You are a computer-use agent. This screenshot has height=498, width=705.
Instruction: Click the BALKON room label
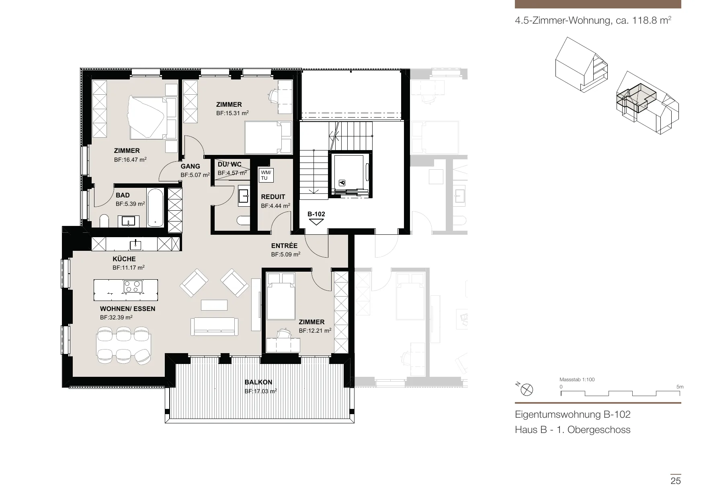(x=258, y=382)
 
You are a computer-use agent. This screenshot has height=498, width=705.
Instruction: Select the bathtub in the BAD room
(x=155, y=208)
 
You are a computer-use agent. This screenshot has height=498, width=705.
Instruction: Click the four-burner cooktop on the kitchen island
(x=133, y=286)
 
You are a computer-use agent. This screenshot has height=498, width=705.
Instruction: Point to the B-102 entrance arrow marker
(x=316, y=222)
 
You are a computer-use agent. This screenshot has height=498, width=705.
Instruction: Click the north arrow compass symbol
(x=527, y=389)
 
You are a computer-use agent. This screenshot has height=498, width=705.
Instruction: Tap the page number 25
(x=676, y=481)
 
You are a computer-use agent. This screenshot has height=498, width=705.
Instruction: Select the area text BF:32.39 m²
(x=116, y=317)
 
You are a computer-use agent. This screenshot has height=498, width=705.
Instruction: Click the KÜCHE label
(x=124, y=259)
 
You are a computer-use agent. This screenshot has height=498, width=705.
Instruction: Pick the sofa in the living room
(x=214, y=326)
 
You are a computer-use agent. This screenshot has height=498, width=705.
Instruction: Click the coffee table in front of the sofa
(x=214, y=305)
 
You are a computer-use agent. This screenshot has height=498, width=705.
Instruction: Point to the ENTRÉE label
(x=284, y=246)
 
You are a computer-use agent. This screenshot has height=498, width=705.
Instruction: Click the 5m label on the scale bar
(x=680, y=387)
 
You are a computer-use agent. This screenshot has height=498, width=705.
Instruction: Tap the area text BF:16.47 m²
(x=130, y=159)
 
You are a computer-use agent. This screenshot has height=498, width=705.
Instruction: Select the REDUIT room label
(x=273, y=197)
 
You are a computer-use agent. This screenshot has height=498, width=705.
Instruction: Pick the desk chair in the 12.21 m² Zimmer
(x=284, y=333)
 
